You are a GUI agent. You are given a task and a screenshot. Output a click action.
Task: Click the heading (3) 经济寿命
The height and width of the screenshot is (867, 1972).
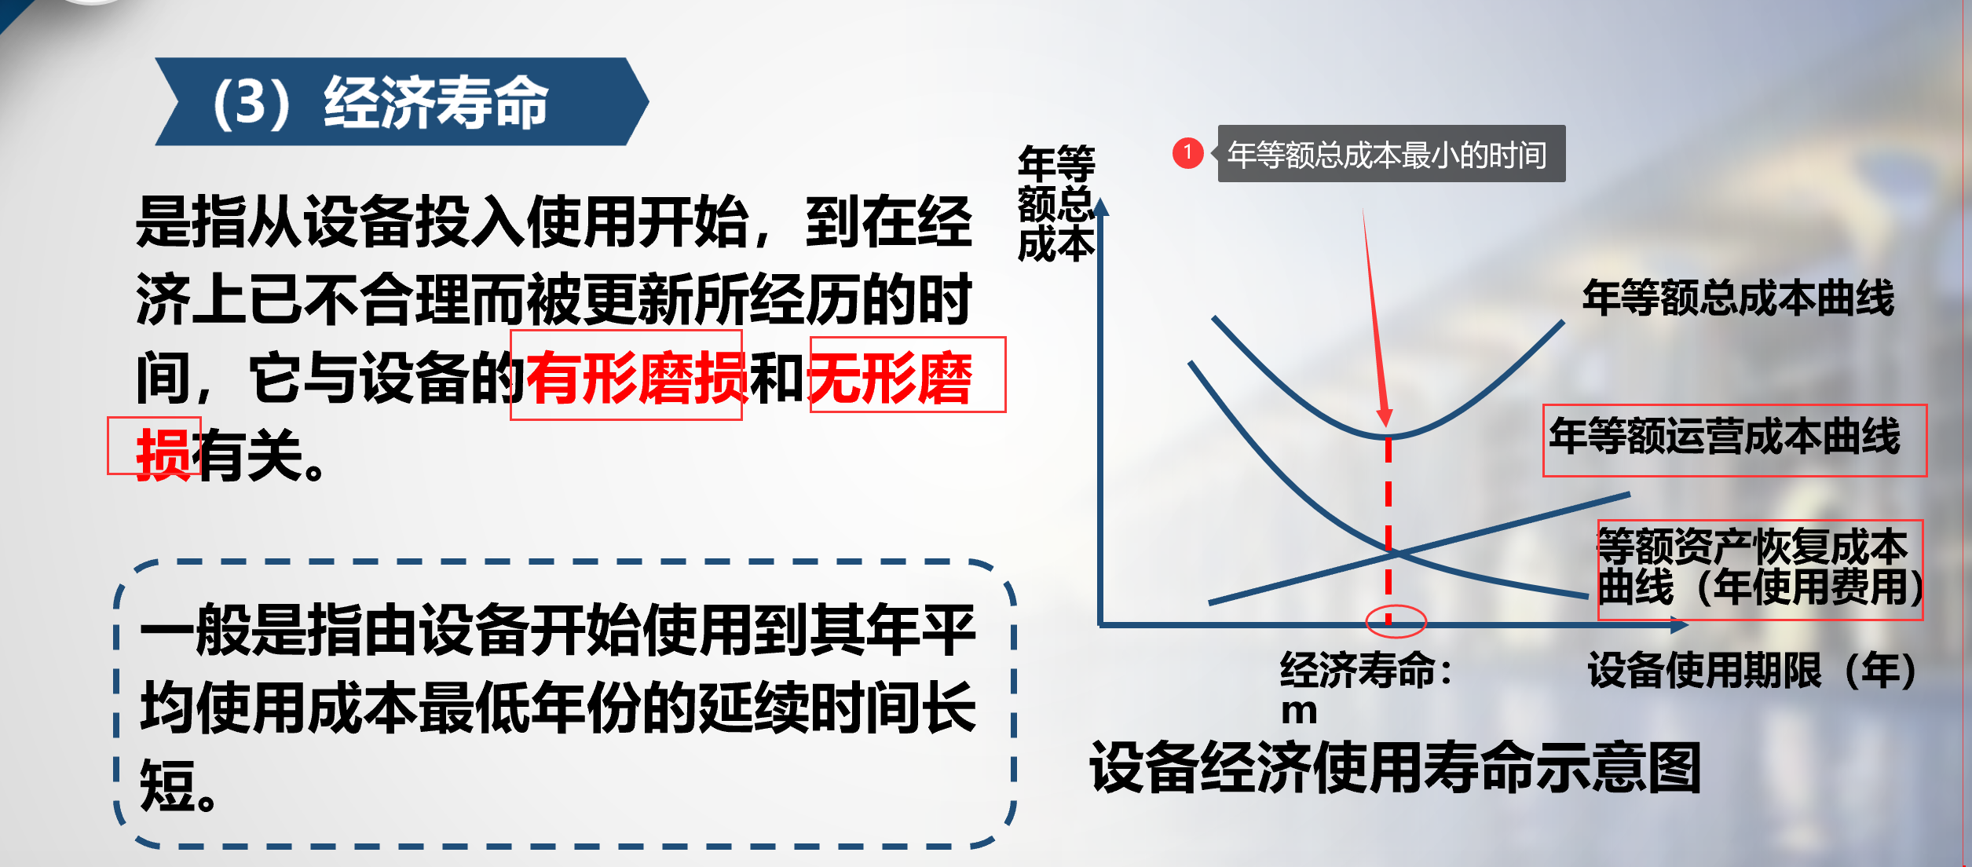381,102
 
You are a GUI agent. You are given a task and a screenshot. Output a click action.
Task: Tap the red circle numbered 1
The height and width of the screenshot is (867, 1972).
1187,152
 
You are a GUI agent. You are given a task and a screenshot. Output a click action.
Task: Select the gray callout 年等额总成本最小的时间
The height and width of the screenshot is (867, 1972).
1391,154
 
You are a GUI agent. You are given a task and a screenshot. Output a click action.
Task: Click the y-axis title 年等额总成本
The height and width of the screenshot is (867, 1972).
1056,204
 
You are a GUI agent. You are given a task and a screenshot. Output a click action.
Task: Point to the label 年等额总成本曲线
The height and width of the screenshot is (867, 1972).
1738,298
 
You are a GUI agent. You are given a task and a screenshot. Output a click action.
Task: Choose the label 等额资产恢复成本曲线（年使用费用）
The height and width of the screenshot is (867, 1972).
1759,568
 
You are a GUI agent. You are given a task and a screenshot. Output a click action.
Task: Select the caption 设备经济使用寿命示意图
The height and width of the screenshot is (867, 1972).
1396,767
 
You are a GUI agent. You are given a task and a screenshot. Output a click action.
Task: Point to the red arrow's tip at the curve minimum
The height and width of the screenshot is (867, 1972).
1386,426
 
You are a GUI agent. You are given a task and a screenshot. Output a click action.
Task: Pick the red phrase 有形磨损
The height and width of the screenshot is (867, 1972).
637,379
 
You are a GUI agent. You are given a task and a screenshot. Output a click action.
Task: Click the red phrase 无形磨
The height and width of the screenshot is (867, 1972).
890,379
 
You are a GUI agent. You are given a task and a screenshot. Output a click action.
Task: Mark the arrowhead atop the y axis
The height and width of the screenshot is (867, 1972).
1101,207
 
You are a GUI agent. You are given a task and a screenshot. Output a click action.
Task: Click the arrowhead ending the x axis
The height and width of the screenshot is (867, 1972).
1679,625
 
